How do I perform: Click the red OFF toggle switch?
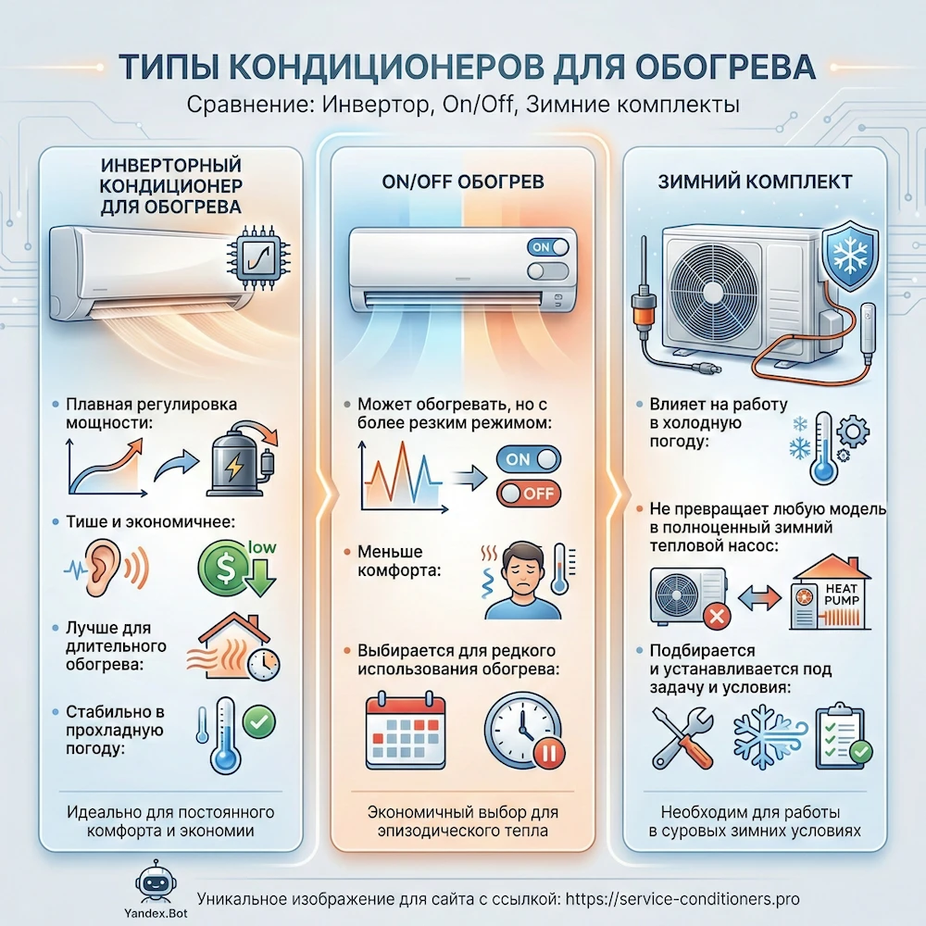pos(529,493)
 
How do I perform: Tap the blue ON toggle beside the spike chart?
pos(529,459)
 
